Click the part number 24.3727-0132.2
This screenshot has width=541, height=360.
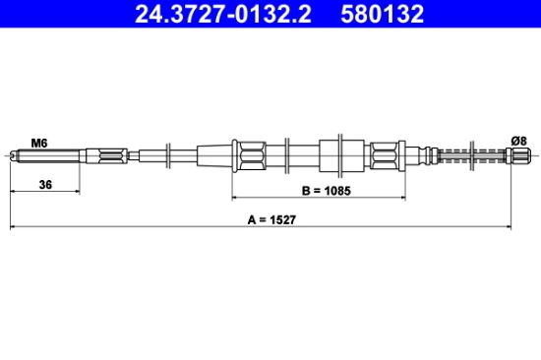(223, 14)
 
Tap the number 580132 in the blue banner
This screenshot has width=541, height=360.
(382, 14)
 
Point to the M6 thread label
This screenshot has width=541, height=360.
(39, 143)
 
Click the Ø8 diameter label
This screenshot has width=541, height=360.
(518, 141)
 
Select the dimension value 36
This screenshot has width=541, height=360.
(45, 185)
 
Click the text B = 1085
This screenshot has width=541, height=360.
(326, 191)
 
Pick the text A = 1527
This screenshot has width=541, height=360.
(271, 219)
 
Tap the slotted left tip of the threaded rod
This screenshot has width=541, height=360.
(13, 155)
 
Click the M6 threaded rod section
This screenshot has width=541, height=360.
(48, 155)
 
